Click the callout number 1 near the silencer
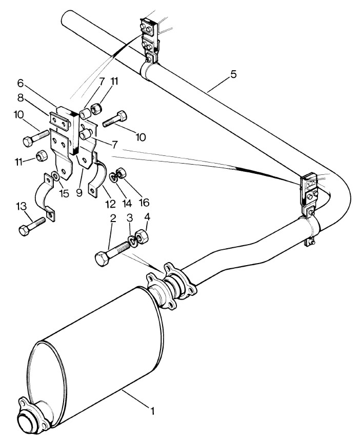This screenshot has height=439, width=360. click(152, 411)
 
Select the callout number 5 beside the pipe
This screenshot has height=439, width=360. click(233, 75)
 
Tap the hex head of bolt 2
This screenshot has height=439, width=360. click(102, 260)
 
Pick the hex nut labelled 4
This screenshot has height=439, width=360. click(142, 236)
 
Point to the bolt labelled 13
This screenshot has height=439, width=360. click(32, 226)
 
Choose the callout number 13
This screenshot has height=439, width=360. click(21, 207)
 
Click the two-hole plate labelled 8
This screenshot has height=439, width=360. click(59, 122)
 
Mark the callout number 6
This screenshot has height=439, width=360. click(21, 83)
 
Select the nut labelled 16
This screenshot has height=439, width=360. click(121, 173)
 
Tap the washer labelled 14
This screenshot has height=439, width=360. click(114, 178)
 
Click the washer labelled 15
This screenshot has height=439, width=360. click(56, 176)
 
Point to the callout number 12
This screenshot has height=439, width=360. click(111, 204)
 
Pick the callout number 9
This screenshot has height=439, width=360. click(79, 193)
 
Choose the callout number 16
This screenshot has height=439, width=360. click(144, 203)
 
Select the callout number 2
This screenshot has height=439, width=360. click(113, 218)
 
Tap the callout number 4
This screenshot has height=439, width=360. click(147, 217)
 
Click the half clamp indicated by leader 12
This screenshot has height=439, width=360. click(97, 175)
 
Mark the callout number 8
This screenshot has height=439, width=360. click(21, 98)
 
